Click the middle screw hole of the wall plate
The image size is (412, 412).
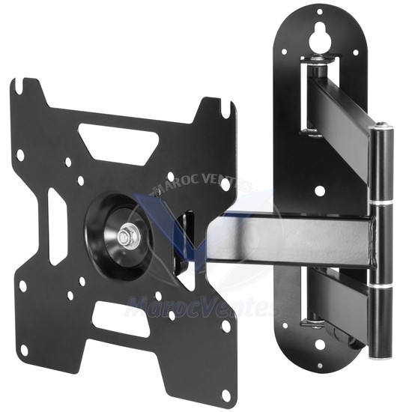320,190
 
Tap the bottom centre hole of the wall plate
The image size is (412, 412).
320,344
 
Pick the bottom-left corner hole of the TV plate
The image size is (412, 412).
25,349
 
